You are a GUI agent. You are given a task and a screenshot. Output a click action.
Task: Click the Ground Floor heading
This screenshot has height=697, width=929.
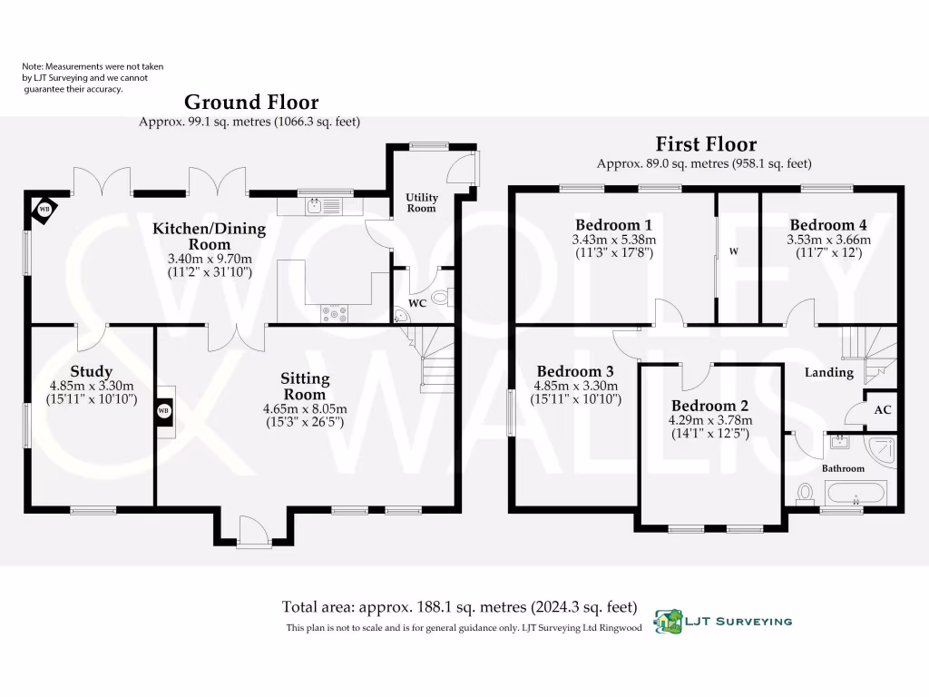click(251, 102)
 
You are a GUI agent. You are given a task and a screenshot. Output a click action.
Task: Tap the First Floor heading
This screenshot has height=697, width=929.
click(706, 144)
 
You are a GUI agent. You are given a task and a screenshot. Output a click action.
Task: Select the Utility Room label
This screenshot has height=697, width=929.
click(421, 202)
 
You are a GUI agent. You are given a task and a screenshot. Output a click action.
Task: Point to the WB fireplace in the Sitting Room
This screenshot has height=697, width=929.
click(164, 411)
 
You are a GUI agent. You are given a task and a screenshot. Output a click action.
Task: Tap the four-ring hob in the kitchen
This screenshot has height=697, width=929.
click(334, 313)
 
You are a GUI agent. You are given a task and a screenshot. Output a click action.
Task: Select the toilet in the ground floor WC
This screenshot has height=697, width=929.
click(442, 297)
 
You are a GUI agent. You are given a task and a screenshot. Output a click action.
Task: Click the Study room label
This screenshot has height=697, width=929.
click(91, 371)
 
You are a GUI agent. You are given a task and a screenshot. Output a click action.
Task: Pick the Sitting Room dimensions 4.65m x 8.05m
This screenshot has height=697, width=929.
click(305, 409)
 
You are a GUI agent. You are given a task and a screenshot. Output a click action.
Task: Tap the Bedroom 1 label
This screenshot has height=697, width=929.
click(613, 225)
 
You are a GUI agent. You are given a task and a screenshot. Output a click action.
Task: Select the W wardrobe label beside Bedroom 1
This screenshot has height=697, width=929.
click(731, 251)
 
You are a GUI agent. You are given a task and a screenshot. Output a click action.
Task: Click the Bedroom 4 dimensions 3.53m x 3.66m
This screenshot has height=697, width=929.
click(827, 241)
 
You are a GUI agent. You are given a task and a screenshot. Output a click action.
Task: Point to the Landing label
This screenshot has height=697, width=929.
click(828, 372)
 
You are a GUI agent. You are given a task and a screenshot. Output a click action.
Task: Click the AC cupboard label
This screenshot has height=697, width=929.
click(882, 410)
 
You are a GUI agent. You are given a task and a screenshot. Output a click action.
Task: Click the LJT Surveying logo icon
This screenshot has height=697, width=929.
click(670, 622)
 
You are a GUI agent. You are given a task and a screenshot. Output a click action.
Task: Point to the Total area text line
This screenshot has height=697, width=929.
click(459, 607)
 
